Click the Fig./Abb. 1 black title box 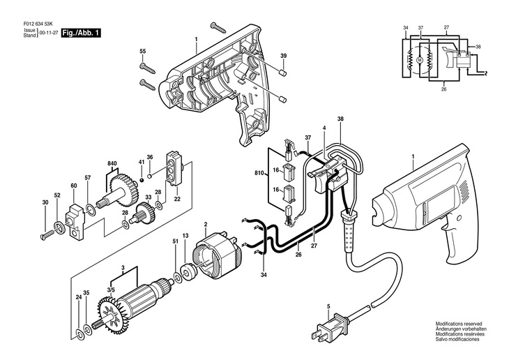(81, 33)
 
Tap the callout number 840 (113, 163)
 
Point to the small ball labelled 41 (142, 180)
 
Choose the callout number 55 (143, 52)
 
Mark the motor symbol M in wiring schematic (420, 60)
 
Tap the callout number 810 (259, 173)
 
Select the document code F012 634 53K (38, 24)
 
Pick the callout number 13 (185, 236)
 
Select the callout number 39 (284, 56)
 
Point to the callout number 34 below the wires (264, 275)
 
